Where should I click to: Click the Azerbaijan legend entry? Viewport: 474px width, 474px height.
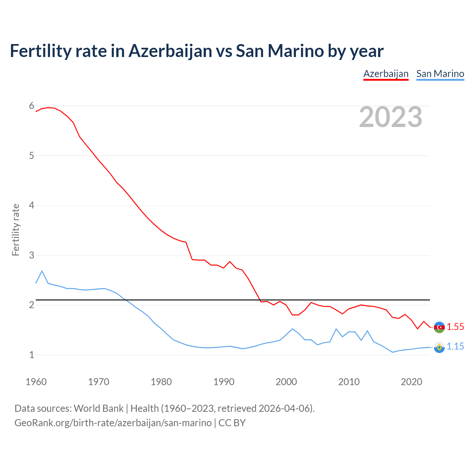pos(386,74)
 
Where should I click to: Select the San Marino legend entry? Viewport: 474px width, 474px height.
pos(440,74)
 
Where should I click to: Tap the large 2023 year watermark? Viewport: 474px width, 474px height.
pos(391,117)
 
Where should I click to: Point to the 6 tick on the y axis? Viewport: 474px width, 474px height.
pos(31,106)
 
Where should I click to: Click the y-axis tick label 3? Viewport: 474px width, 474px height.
pos(31,255)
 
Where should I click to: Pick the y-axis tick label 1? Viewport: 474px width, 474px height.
pos(31,355)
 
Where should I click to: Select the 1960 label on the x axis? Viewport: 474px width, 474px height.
pos(36,382)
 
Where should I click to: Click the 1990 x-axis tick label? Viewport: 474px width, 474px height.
pos(224,382)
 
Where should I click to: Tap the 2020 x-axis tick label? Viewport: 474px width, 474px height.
pos(411,382)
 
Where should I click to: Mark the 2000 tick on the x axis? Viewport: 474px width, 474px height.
pos(286,382)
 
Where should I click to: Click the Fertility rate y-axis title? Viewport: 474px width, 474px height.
pos(16,230)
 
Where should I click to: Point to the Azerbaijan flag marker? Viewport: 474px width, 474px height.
pos(439,327)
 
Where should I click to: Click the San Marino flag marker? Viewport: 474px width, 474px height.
pos(439,347)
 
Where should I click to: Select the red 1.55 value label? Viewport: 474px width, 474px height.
pos(455,327)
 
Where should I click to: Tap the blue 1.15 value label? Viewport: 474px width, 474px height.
pos(455,346)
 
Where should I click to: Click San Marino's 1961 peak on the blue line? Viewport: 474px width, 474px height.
pos(42,271)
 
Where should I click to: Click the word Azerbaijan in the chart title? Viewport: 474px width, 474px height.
pos(170,51)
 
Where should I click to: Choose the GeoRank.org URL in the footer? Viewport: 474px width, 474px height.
pos(113,423)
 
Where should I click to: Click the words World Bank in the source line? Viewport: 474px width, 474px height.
pos(99,408)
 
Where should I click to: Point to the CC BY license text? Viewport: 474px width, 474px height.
pos(232,423)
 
